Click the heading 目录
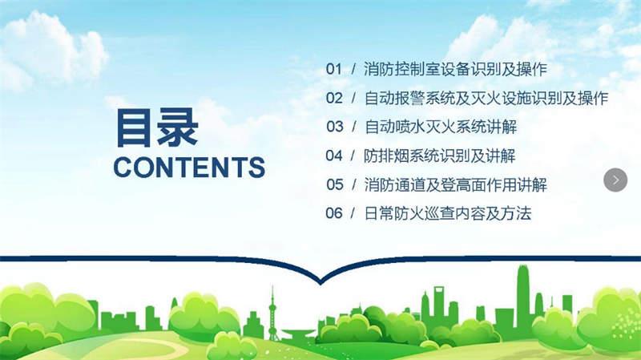[157, 127]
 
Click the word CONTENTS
[189, 167]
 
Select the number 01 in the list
[333, 69]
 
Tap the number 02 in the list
[334, 98]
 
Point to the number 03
[334, 127]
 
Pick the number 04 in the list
[333, 156]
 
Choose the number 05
[335, 184]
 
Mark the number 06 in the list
[333, 213]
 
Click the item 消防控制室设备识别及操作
[455, 69]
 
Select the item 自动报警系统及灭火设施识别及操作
[486, 98]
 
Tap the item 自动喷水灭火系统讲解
[441, 127]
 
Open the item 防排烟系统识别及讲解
[440, 156]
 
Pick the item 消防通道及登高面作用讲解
[455, 184]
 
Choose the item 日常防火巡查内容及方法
[448, 213]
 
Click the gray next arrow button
[615, 180]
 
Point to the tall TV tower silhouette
[272, 315]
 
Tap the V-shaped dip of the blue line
[320, 281]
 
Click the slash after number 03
[354, 127]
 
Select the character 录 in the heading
[178, 127]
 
